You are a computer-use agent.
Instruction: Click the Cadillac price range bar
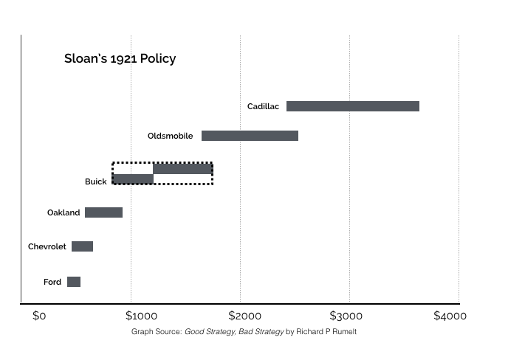[352, 106]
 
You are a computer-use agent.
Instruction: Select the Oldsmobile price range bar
[250, 136]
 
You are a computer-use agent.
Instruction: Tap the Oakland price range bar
[103, 212]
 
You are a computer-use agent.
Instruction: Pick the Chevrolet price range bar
[82, 246]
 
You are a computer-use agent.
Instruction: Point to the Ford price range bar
[74, 282]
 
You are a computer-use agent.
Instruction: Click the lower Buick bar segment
[133, 179]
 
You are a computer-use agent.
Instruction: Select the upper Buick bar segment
[182, 169]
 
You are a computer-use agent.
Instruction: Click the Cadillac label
[263, 106]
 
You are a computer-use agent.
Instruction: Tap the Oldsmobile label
[170, 136]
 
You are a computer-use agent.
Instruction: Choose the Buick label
[95, 181]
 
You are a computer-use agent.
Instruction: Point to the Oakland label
[63, 212]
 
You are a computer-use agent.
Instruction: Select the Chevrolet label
[47, 246]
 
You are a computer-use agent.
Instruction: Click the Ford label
[52, 282]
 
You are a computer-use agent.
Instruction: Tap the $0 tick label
[39, 316]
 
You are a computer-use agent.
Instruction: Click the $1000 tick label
[139, 316]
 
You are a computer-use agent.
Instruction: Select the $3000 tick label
[346, 316]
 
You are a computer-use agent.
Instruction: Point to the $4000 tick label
[450, 316]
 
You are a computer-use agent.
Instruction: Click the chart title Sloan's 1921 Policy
[120, 58]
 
